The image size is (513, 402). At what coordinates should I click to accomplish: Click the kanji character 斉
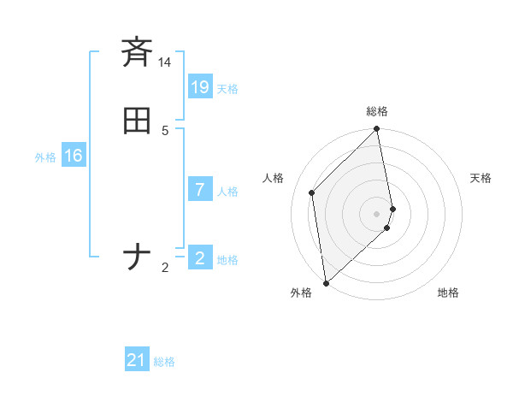(x=137, y=52)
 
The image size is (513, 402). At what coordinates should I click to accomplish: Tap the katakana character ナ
(x=137, y=257)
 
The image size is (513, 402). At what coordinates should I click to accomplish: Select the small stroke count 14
(x=165, y=62)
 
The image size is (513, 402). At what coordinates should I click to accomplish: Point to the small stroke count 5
(x=165, y=131)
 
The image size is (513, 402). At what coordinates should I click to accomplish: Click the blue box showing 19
(x=199, y=87)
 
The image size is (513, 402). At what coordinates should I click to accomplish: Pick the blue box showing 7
(x=199, y=190)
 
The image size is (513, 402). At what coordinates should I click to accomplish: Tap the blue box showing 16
(x=73, y=156)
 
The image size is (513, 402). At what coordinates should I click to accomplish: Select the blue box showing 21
(x=137, y=361)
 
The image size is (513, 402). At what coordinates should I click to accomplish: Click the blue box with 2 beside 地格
(x=199, y=258)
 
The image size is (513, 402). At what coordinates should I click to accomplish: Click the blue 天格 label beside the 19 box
(x=227, y=89)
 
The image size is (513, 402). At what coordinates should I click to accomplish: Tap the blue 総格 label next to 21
(x=164, y=363)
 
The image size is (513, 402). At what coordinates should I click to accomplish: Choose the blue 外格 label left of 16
(x=45, y=157)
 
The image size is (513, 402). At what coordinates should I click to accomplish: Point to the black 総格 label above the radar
(x=377, y=111)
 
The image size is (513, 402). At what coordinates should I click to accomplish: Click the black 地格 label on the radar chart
(x=448, y=293)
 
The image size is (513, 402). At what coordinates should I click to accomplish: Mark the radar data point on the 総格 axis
(x=377, y=130)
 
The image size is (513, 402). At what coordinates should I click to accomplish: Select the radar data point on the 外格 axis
(x=326, y=282)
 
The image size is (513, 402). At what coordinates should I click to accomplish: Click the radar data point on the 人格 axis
(x=312, y=192)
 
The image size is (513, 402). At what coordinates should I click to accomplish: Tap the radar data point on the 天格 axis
(x=392, y=208)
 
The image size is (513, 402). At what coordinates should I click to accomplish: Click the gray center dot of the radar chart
(x=377, y=213)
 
